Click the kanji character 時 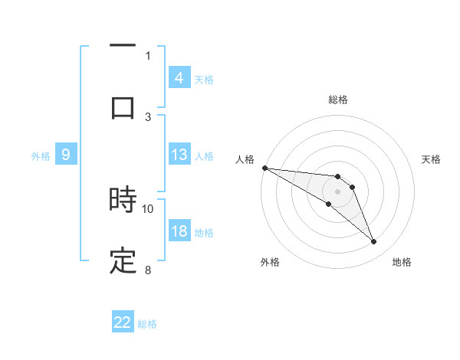click(x=123, y=201)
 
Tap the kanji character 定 click(x=123, y=261)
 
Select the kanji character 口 click(x=123, y=106)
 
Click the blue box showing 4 click(x=179, y=77)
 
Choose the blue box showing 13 click(x=179, y=155)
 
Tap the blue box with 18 click(x=179, y=231)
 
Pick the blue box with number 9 click(x=66, y=155)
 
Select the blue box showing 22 click(x=123, y=322)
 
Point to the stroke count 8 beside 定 click(x=148, y=270)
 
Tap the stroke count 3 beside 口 click(x=148, y=116)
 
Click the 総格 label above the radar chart click(x=338, y=100)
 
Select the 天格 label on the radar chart click(x=432, y=159)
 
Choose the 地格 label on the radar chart click(x=402, y=262)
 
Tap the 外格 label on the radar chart click(x=270, y=262)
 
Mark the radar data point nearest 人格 click(x=264, y=168)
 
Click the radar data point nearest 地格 click(x=374, y=242)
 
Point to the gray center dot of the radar click(x=338, y=191)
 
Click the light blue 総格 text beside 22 click(x=147, y=324)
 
